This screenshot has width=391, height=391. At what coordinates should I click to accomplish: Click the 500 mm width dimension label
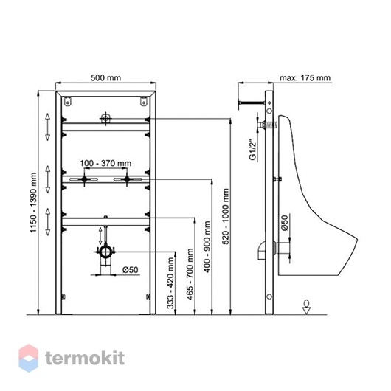pyautogui.click(x=105, y=77)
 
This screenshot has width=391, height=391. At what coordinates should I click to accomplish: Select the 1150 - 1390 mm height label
pyautogui.click(x=33, y=202)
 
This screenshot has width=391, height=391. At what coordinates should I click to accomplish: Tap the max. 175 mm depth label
pyautogui.click(x=305, y=78)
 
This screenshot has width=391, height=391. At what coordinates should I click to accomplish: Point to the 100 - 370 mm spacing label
pyautogui.click(x=105, y=163)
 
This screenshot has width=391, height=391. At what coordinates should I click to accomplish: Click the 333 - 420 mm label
pyautogui.click(x=170, y=283)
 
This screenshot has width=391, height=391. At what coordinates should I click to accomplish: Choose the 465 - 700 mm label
pyautogui.click(x=190, y=274)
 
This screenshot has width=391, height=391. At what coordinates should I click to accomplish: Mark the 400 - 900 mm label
pyautogui.click(x=207, y=247)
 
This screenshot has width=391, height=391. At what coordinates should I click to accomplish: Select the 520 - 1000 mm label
pyautogui.click(x=226, y=216)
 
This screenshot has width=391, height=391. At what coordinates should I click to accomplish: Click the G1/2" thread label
pyautogui.click(x=253, y=150)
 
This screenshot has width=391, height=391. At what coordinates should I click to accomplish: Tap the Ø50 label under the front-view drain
pyautogui.click(x=131, y=270)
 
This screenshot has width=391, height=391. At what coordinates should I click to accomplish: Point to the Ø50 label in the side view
pyautogui.click(x=285, y=223)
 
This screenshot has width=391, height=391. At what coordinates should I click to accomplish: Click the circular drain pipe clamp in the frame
pyautogui.click(x=105, y=252)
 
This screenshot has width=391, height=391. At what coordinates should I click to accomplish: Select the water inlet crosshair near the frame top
pyautogui.click(x=105, y=119)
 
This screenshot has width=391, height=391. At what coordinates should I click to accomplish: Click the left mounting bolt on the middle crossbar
pyautogui.click(x=84, y=179)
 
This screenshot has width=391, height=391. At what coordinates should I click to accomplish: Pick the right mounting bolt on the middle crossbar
pyautogui.click(x=127, y=179)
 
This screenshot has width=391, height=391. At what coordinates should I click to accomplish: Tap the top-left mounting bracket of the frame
pyautogui.click(x=67, y=101)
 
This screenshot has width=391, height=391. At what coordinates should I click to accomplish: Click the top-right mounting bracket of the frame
pyautogui.click(x=143, y=101)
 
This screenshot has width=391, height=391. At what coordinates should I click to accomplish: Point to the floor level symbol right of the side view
pyautogui.click(x=306, y=306)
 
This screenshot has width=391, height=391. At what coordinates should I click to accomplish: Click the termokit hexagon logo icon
pyautogui.click(x=29, y=358)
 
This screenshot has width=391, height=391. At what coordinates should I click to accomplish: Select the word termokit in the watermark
pyautogui.click(x=85, y=359)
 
